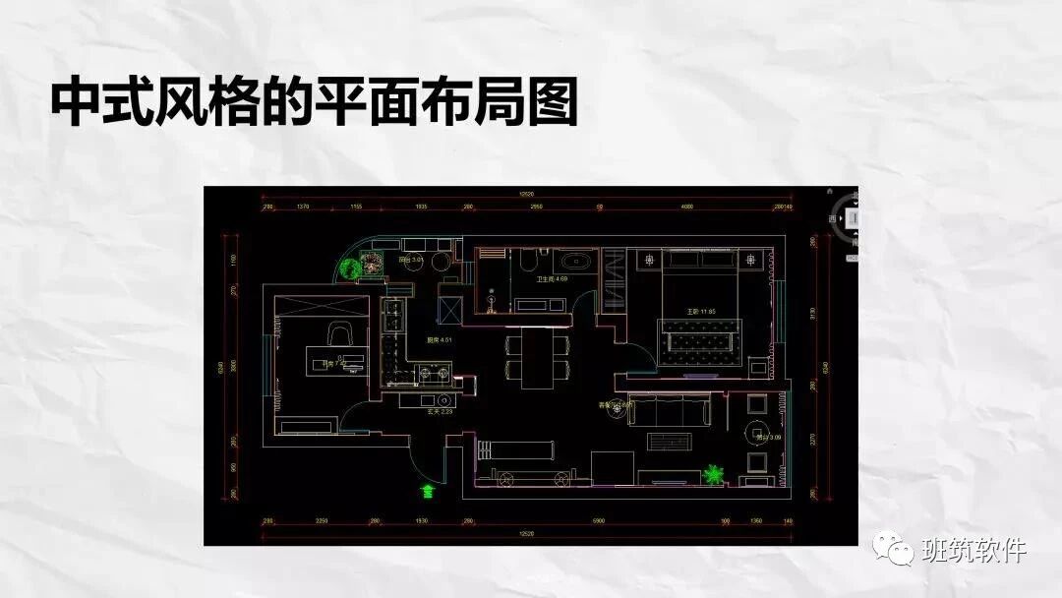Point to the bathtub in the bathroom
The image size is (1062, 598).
click(574, 262)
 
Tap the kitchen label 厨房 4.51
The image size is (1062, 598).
click(439, 340)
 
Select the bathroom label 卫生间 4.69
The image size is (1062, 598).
click(551, 279)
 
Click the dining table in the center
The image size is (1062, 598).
click(538, 356)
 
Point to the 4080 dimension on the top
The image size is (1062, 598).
click(688, 208)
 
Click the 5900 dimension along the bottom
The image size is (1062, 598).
click(597, 520)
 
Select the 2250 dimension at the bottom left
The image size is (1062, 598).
click(320, 520)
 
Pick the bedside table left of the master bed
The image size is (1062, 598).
click(650, 260)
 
